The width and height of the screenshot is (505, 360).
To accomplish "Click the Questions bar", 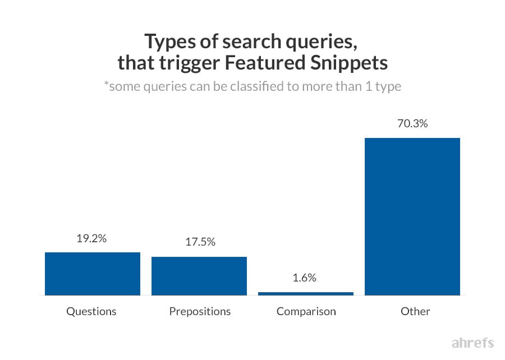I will click(x=92, y=274).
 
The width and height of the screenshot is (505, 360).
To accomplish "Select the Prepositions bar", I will click(x=199, y=276).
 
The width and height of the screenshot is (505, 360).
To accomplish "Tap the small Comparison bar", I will click(x=306, y=293).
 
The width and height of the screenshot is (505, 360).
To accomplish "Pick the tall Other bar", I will click(x=412, y=216).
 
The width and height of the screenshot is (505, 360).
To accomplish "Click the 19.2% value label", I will click(x=91, y=238).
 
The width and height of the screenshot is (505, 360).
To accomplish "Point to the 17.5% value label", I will click(x=200, y=242).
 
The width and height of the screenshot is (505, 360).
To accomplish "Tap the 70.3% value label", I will click(x=412, y=123).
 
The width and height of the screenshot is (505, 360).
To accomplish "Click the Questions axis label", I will click(x=91, y=311).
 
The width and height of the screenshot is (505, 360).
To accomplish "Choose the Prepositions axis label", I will click(x=200, y=311).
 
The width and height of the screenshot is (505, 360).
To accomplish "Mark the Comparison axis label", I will click(x=306, y=311).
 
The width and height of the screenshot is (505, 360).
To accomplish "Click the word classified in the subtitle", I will click(x=264, y=87).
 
